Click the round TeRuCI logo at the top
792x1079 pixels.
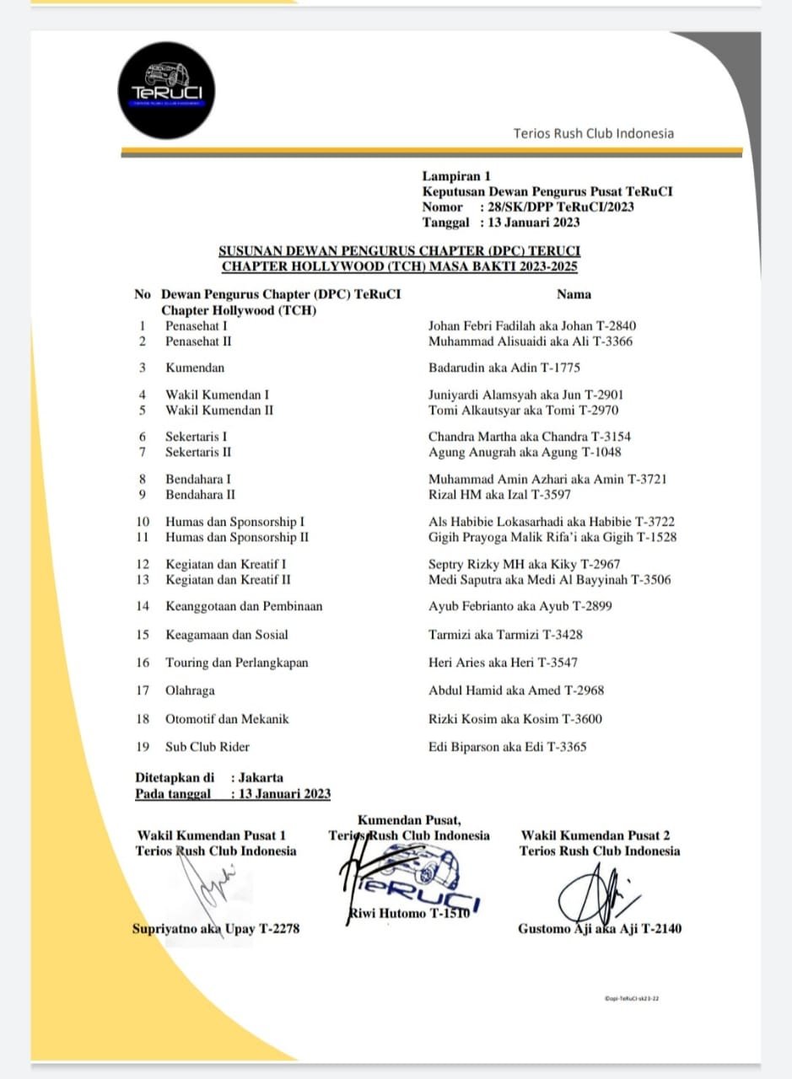(167, 90)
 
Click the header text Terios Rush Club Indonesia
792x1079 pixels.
(594, 133)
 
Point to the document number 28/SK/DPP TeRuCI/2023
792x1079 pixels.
(557, 207)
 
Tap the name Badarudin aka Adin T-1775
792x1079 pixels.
(504, 368)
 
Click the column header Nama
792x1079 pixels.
(574, 294)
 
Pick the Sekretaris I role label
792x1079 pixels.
(196, 437)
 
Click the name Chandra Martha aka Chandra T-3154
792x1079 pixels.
(529, 437)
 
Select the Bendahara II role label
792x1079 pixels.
(200, 494)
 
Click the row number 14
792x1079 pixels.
(143, 606)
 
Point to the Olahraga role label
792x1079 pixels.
(190, 690)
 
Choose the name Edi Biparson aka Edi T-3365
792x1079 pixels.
(507, 747)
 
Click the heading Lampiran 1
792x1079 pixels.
(456, 176)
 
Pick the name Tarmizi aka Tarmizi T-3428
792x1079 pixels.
(505, 635)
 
